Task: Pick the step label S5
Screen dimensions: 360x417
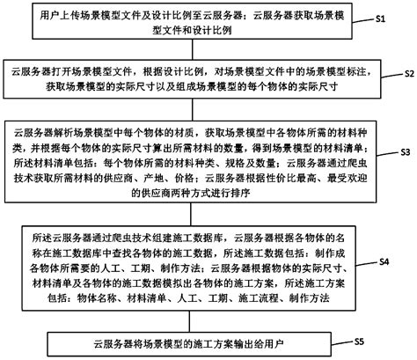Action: click(359, 339)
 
